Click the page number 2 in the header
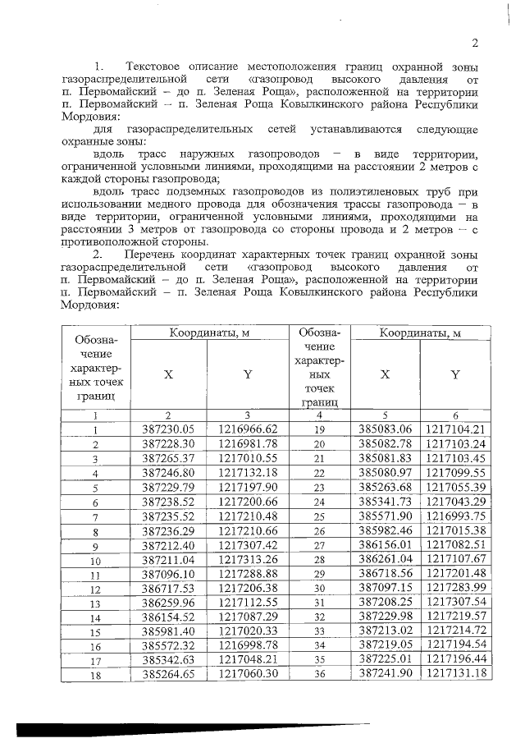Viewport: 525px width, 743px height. point(475,44)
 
